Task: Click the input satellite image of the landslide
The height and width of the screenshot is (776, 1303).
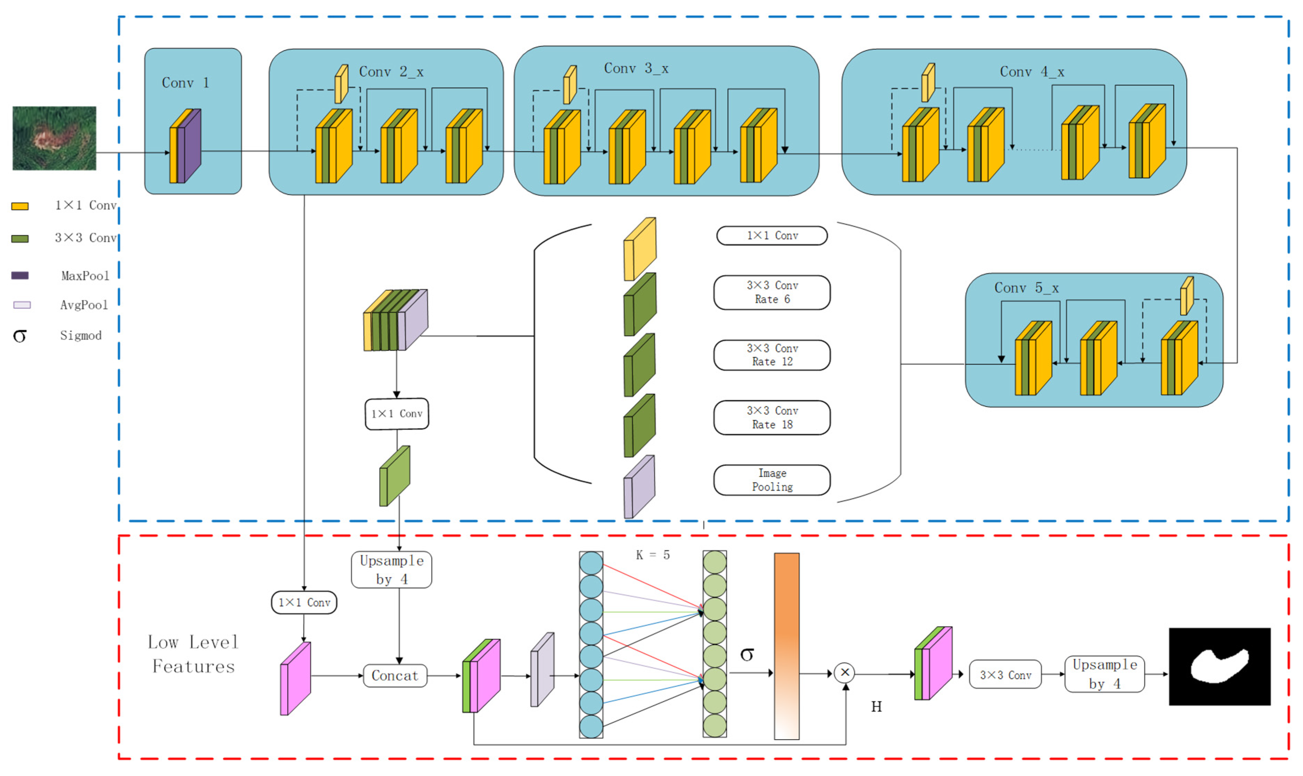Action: pos(54,138)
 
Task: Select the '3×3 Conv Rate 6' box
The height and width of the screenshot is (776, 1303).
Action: pos(772,293)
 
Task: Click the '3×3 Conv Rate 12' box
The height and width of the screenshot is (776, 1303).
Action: pos(772,355)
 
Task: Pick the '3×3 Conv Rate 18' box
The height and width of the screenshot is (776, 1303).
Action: pos(772,418)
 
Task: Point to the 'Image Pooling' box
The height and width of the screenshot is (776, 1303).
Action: pos(772,480)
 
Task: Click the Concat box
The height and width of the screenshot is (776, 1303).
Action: pos(395,676)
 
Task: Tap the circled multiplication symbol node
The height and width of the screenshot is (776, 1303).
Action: pos(845,673)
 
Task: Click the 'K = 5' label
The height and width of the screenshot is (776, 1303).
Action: pos(653,555)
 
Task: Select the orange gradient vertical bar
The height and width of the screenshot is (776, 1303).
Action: pos(786,646)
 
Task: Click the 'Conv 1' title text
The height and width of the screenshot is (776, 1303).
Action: pos(185,83)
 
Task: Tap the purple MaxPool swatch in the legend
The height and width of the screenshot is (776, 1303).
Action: pos(20,276)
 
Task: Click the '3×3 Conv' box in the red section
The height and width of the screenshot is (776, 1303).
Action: pos(1005,675)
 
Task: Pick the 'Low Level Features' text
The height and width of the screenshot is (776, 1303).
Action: pos(193,654)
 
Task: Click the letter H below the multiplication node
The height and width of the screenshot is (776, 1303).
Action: pos(876,707)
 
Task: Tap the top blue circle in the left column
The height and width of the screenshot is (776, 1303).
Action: pos(591,563)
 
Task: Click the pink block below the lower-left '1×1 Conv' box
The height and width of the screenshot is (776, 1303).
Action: pos(295,679)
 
